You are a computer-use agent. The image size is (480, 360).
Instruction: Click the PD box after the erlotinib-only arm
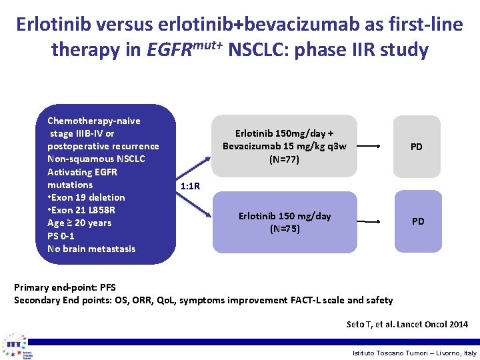pos(418,221)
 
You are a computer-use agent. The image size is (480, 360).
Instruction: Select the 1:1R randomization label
pos(191,186)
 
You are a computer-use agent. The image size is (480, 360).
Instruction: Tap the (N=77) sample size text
pos(285,159)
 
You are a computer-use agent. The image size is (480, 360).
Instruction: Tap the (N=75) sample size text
pos(285,229)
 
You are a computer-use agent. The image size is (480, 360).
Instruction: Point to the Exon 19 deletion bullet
pos(86,197)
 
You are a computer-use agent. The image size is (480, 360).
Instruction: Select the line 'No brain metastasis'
pos(91,249)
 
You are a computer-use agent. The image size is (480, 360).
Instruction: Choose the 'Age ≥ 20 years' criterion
pos(79,223)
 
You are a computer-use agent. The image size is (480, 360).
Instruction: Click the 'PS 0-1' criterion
pos(61,236)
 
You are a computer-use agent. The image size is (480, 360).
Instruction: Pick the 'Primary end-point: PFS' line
pos(65,287)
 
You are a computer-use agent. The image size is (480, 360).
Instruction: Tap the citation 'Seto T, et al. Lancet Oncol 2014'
pos(407,325)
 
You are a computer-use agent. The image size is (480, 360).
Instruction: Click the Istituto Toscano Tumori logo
pos(15,346)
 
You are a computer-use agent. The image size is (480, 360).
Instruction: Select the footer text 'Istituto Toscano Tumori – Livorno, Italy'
pos(415,353)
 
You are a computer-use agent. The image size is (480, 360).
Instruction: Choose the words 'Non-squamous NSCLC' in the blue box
pos(96,159)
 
